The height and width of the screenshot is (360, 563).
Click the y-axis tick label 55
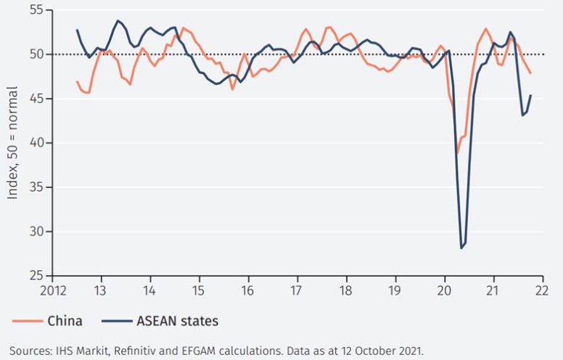(34, 9)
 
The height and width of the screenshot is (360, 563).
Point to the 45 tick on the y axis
(34, 98)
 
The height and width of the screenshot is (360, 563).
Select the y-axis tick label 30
(34, 232)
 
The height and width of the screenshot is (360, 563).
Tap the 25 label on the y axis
(34, 276)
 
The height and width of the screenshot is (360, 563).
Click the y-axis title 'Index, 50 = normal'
(12, 142)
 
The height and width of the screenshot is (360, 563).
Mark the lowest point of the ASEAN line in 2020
(461, 248)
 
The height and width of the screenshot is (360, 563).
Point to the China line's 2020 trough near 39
(458, 153)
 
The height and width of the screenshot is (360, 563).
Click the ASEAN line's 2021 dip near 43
(522, 115)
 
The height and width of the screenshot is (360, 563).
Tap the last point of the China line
(531, 73)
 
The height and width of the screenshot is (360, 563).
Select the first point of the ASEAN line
(77, 30)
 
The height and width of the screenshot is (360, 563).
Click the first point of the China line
(77, 81)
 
